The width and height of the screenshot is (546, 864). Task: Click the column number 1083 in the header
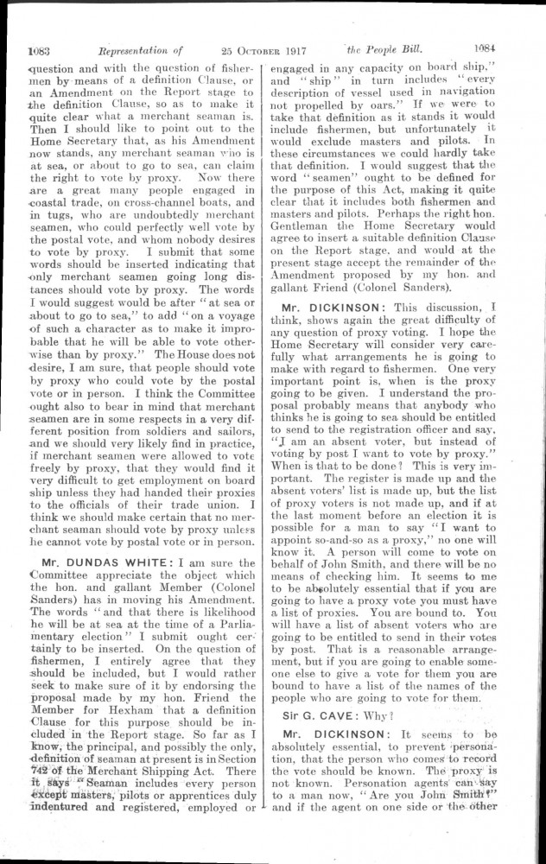pos(41,49)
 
